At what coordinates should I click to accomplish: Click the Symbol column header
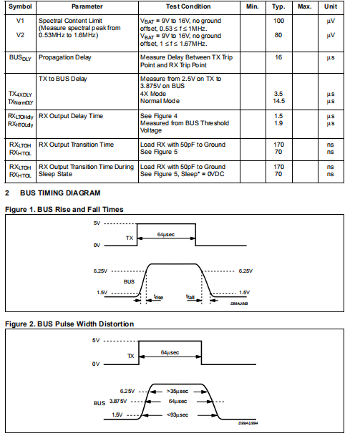click(x=20, y=6)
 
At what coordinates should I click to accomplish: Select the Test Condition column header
click(x=188, y=6)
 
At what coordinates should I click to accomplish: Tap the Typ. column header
click(x=278, y=7)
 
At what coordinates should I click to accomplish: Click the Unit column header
click(x=331, y=6)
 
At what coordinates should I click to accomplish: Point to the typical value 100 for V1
click(x=278, y=21)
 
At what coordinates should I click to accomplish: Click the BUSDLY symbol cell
click(x=20, y=58)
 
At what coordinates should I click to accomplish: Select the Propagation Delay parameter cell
click(x=65, y=58)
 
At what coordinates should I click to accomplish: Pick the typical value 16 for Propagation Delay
click(x=278, y=57)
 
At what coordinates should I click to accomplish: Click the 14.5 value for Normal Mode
click(x=278, y=101)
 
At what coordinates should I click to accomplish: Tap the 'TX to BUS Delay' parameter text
click(x=63, y=79)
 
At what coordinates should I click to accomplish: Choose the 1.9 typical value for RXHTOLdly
click(x=278, y=123)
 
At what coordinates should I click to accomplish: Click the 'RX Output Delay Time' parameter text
click(x=71, y=116)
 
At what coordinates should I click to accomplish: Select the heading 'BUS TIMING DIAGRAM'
click(x=60, y=193)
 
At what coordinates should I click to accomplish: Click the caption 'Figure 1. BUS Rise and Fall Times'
click(x=64, y=210)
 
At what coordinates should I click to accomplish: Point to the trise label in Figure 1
click(x=158, y=297)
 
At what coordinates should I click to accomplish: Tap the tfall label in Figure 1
click(x=190, y=297)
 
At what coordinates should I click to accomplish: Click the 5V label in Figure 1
click(x=97, y=223)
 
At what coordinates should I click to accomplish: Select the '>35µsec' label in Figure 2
click(x=177, y=392)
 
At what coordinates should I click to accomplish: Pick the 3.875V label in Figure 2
click(x=118, y=402)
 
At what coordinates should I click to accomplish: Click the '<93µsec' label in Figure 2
click(x=177, y=415)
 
